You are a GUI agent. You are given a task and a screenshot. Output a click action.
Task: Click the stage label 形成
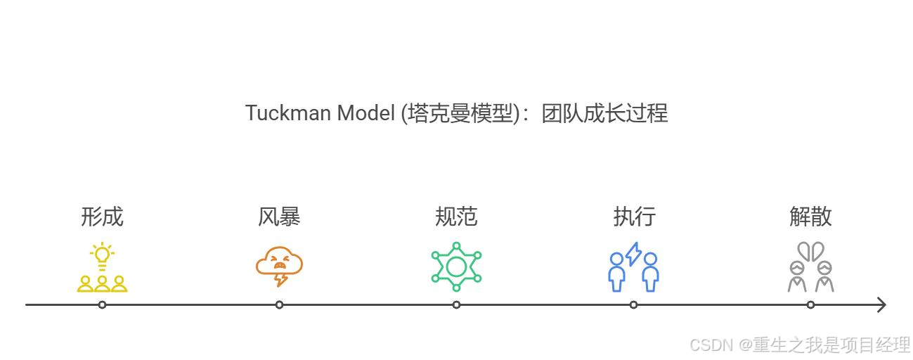[x=102, y=216]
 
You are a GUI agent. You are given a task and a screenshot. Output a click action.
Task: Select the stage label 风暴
[x=279, y=216]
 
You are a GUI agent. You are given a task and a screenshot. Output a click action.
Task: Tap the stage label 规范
[x=456, y=216]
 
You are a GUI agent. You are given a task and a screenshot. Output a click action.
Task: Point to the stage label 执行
[x=634, y=216]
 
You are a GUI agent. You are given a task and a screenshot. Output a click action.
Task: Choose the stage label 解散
[x=810, y=216]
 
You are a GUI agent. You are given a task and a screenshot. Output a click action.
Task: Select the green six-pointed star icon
[x=456, y=266]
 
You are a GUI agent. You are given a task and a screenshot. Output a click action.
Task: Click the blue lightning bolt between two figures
[x=634, y=254]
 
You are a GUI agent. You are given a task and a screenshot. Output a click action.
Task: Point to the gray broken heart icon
[x=810, y=251]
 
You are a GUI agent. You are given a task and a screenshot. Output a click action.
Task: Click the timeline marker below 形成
[x=103, y=304]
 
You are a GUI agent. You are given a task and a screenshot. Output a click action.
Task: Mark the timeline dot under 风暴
[x=279, y=304]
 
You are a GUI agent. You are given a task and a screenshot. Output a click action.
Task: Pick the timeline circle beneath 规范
[x=456, y=304]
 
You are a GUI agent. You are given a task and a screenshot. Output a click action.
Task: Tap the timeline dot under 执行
[x=634, y=304]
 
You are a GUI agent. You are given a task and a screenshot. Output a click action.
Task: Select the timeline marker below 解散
[x=810, y=304]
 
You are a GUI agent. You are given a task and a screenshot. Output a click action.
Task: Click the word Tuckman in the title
[x=288, y=112]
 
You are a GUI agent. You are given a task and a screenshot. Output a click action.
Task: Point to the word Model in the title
[x=365, y=112]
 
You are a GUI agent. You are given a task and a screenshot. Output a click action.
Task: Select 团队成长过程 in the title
[x=604, y=112]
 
